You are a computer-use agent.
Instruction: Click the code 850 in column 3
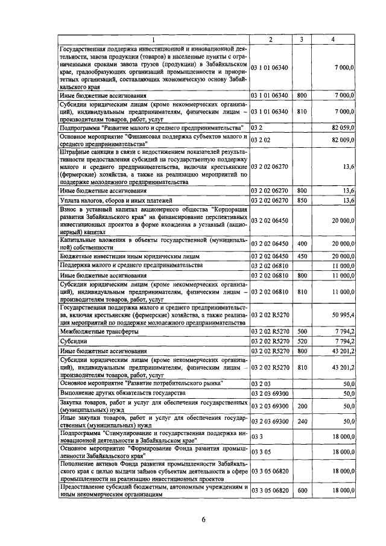pos(302,200)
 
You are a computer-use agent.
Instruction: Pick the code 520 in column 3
pos(302,341)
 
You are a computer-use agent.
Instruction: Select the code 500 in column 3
pos(302,332)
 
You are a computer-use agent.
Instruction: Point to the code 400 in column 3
pos(302,243)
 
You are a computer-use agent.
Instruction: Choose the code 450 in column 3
pos(302,256)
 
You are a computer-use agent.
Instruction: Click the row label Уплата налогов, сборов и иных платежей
pos(116,200)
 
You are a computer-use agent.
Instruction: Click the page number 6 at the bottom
pos(204,522)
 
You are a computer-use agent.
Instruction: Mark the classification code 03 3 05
pos(261,451)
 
